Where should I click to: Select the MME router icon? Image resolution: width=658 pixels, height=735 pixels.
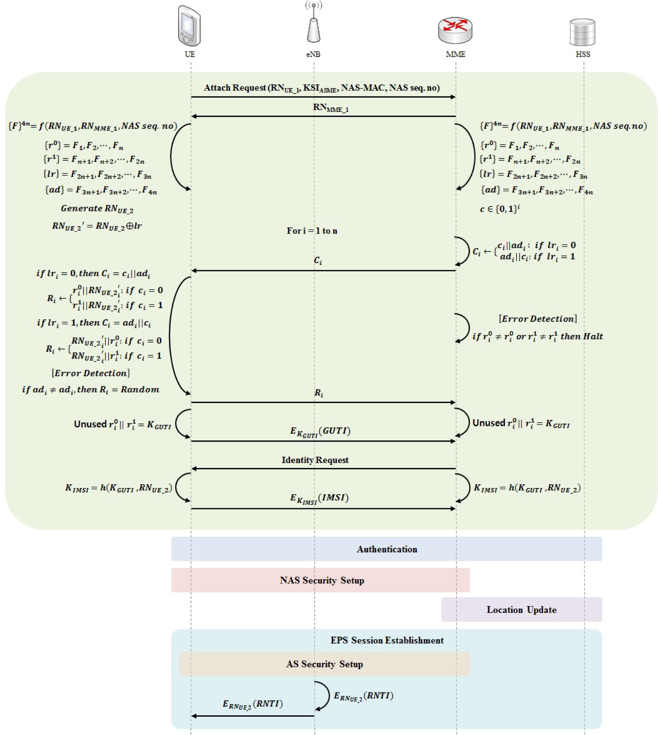(455, 30)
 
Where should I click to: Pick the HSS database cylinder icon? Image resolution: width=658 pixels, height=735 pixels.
(582, 32)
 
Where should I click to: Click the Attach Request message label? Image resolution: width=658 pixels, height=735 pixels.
(322, 88)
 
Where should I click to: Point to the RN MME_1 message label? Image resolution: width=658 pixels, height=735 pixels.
(330, 108)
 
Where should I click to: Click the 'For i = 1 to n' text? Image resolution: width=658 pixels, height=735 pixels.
(312, 231)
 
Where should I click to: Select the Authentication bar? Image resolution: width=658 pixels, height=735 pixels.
(387, 549)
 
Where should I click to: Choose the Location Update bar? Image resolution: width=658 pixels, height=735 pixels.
(521, 610)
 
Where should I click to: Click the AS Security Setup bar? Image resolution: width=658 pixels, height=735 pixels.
(325, 664)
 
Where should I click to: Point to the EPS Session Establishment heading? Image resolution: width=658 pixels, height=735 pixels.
(387, 640)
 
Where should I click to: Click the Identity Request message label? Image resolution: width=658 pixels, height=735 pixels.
(315, 460)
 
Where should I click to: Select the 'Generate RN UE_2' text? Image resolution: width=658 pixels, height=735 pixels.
(97, 209)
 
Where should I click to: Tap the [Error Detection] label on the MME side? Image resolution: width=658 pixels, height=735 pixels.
(538, 319)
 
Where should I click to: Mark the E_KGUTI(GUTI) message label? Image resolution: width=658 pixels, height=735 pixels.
(320, 431)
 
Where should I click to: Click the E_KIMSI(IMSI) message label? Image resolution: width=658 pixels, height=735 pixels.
(319, 498)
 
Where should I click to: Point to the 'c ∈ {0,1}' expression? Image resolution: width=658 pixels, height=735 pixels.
(500, 209)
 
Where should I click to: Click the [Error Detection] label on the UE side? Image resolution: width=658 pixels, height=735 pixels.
(91, 373)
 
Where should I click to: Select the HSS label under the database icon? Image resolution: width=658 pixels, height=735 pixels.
(583, 54)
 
